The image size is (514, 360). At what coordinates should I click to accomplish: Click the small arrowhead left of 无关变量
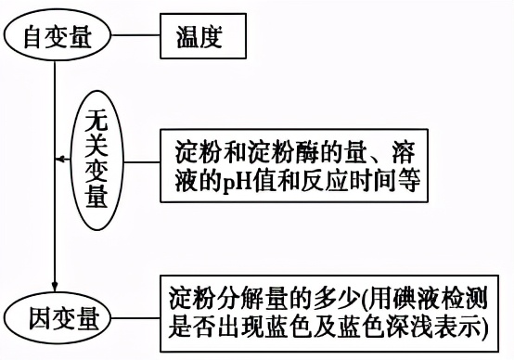(60, 160)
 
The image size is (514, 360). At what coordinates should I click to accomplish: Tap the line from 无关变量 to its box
(144, 160)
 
